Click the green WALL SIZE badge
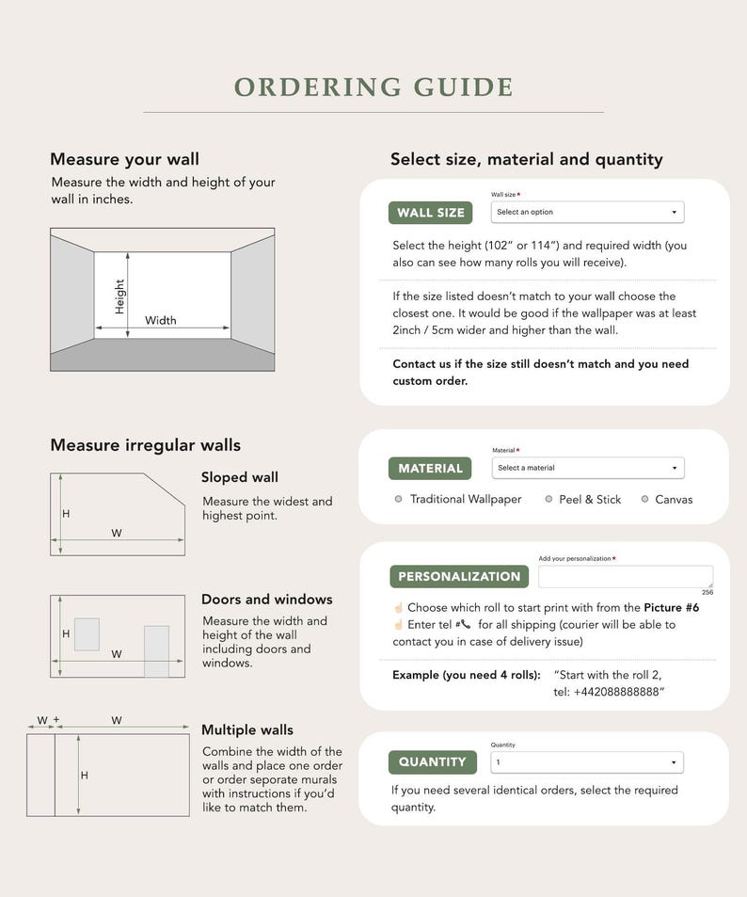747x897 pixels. [x=430, y=213]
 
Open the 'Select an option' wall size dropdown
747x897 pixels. [x=587, y=212]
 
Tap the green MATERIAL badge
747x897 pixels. [x=430, y=469]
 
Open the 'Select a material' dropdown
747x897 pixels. [x=588, y=468]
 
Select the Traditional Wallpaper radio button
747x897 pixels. [x=399, y=499]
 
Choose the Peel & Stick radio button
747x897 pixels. [x=548, y=499]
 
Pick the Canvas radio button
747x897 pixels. [x=644, y=499]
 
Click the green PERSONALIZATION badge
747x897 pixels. [x=459, y=577]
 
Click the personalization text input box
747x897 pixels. [x=626, y=577]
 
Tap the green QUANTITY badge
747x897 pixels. [x=433, y=762]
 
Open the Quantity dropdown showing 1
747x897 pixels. [x=587, y=762]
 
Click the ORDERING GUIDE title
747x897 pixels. [x=373, y=87]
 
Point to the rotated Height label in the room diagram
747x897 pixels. [x=119, y=296]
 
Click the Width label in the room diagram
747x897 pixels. [x=160, y=320]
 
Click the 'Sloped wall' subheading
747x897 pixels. [x=240, y=477]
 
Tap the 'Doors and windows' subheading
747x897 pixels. [x=266, y=599]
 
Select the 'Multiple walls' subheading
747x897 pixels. [x=247, y=730]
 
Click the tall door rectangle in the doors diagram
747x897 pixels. [x=157, y=651]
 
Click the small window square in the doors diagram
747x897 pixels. [x=87, y=634]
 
